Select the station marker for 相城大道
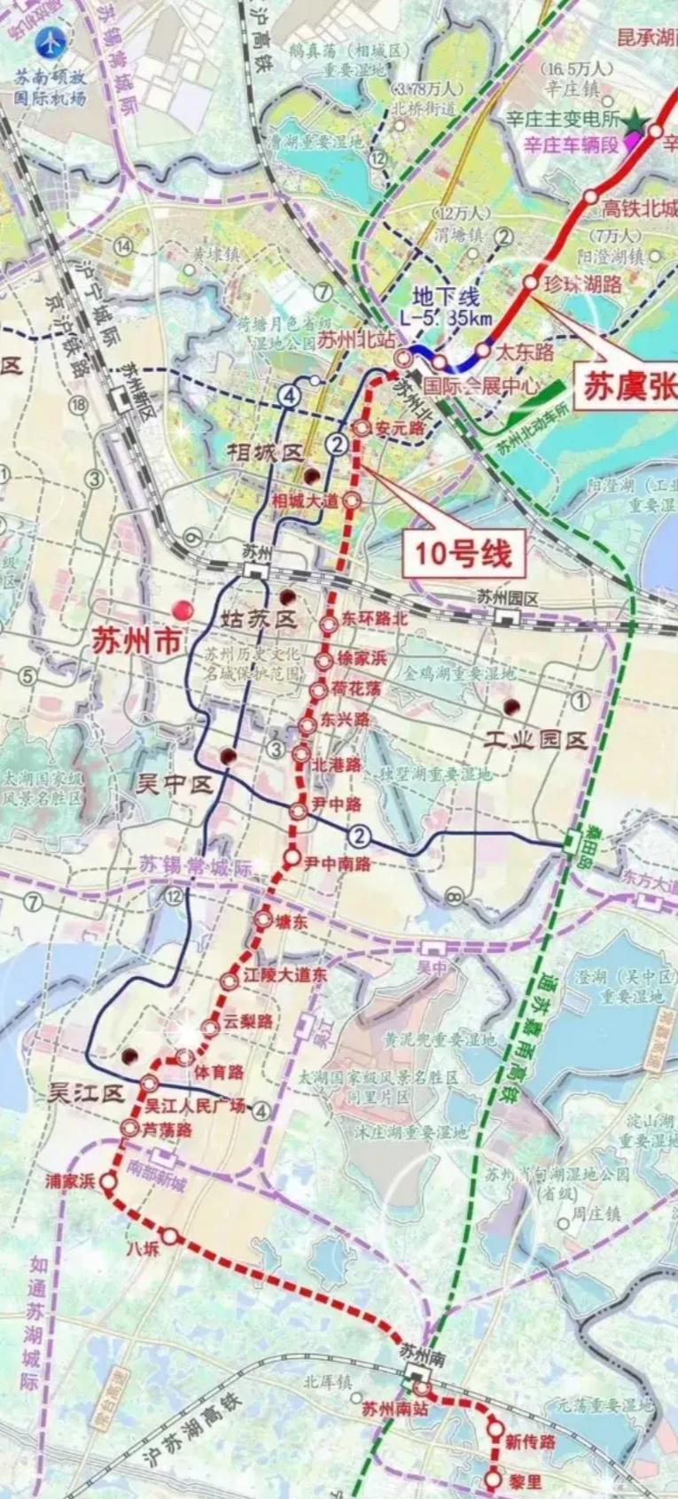(x=351, y=500)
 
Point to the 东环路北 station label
(x=376, y=618)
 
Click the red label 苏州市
(x=136, y=640)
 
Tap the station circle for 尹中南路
(x=292, y=858)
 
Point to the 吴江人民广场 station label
(x=195, y=1107)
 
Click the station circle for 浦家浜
(x=108, y=1181)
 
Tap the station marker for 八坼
(x=169, y=1237)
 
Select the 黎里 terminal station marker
(x=494, y=1479)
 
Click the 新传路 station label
(x=530, y=1442)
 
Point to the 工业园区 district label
(x=536, y=740)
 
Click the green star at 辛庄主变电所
(x=635, y=124)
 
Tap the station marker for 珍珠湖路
(x=530, y=282)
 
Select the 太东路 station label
(x=524, y=352)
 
